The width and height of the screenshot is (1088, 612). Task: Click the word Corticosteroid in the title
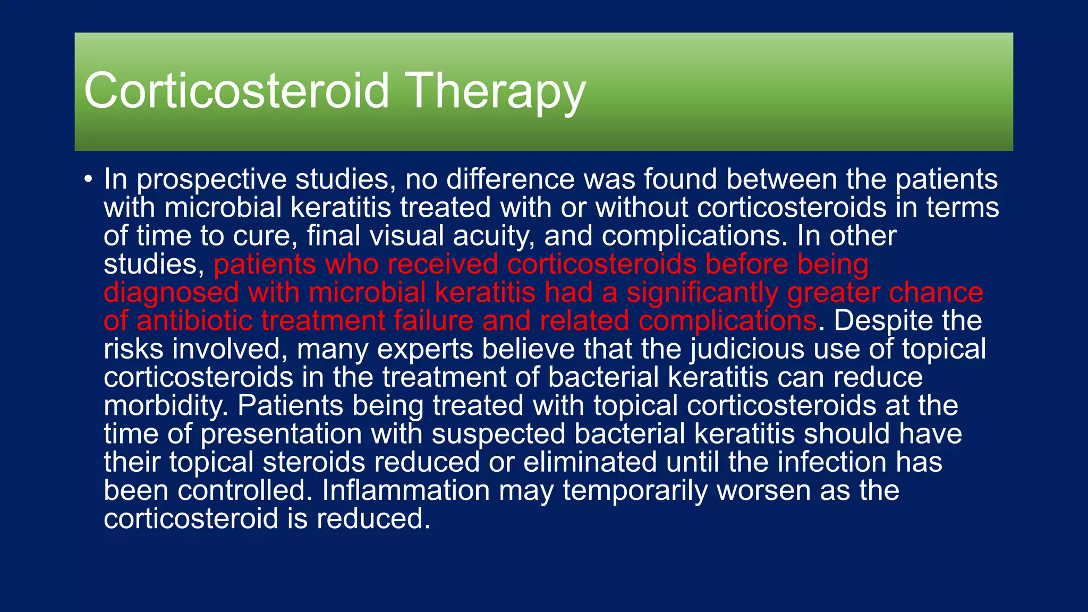[x=236, y=91]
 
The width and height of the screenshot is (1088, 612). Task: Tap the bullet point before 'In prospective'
[x=88, y=180]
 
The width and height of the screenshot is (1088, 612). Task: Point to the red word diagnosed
[x=171, y=293]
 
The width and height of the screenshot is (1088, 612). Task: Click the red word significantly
[x=702, y=293]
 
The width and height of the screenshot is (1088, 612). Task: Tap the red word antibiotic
[x=194, y=321]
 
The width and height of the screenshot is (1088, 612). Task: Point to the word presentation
[x=281, y=435]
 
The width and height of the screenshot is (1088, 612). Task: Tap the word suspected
[x=498, y=435]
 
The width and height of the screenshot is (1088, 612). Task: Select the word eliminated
[x=590, y=462]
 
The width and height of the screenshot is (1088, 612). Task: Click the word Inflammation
[x=405, y=490]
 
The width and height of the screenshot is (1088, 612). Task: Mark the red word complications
[x=727, y=321]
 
